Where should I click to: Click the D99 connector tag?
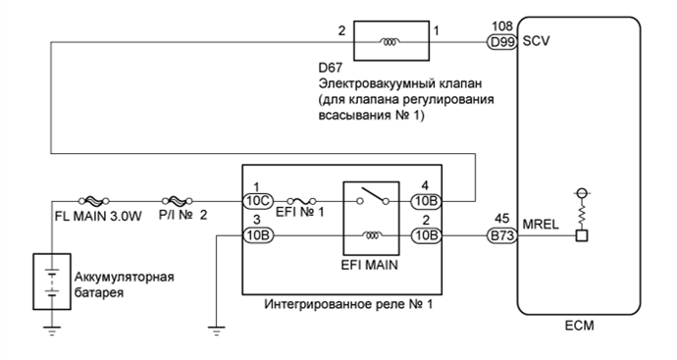501,42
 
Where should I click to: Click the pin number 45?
500,219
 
